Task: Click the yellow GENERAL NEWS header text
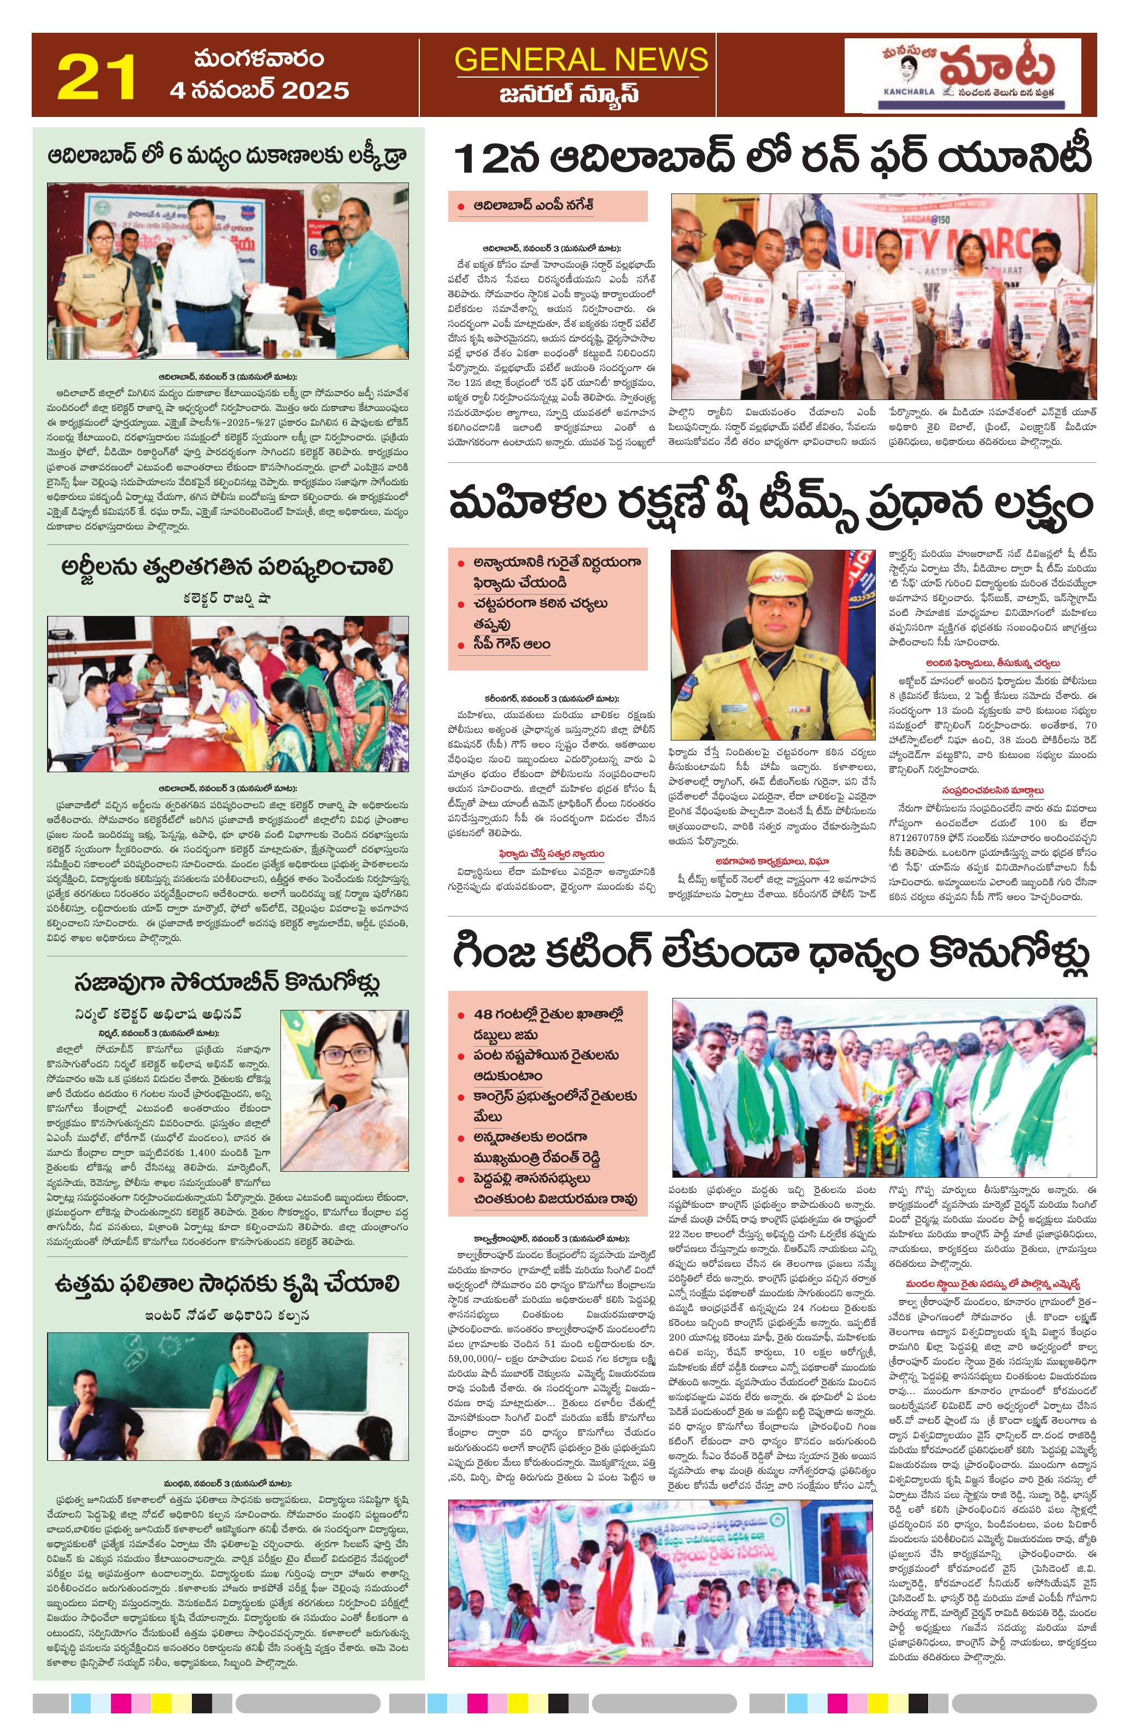(580, 60)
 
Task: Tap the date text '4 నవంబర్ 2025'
(259, 90)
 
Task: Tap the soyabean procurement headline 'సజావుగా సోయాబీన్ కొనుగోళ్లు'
(227, 983)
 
